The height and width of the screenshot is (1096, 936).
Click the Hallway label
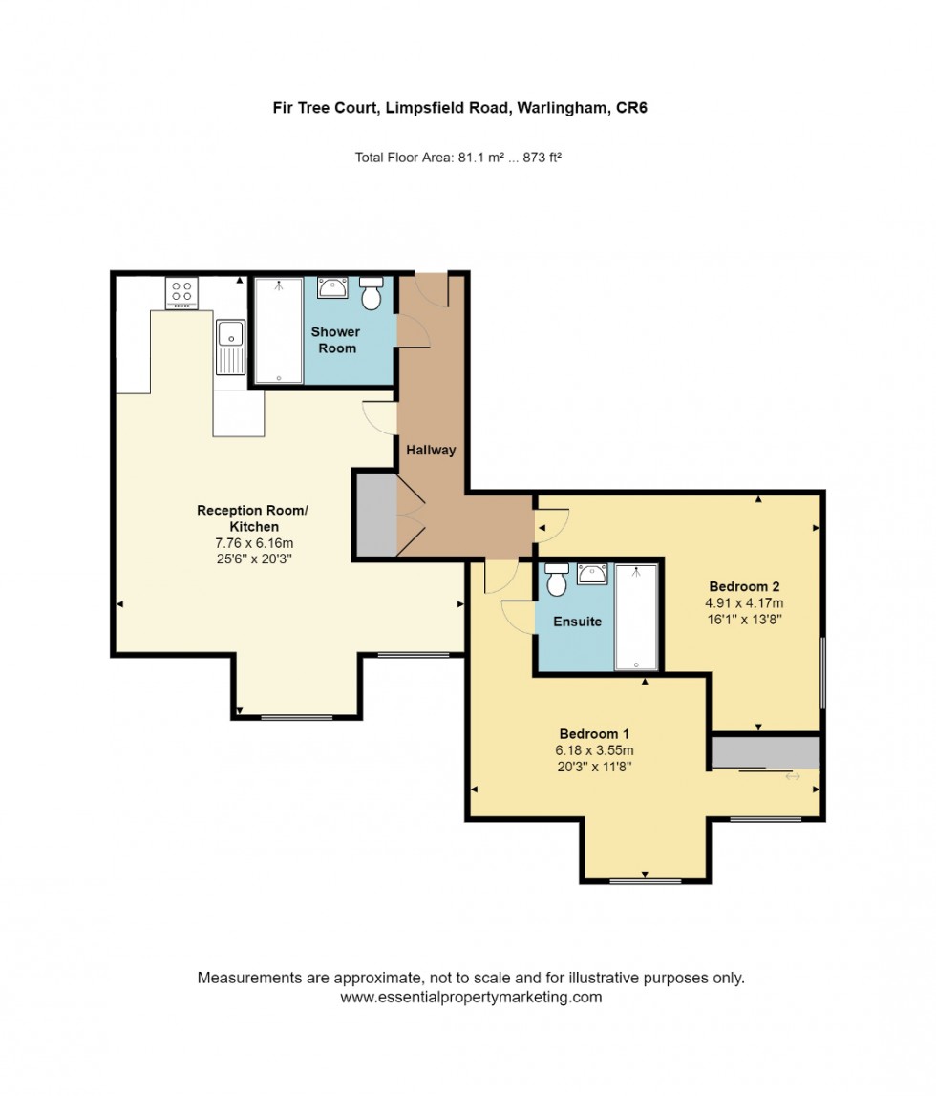pos(431,450)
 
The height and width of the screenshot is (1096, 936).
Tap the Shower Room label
pos(335,340)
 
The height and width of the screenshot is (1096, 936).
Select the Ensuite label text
pos(578,622)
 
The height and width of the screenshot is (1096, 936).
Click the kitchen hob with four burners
pos(181,293)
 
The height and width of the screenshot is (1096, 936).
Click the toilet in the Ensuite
pos(556,579)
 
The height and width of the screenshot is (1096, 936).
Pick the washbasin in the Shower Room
pos(332,287)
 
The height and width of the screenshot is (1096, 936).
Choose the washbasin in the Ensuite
pos(592,573)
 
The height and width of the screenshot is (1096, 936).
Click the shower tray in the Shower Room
pos(279,330)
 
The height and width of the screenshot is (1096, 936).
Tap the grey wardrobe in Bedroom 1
pos(765,752)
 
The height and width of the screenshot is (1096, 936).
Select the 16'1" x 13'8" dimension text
pos(745,619)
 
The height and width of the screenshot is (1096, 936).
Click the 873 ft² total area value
pos(538,158)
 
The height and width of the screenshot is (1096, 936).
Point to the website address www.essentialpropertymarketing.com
pos(471,997)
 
